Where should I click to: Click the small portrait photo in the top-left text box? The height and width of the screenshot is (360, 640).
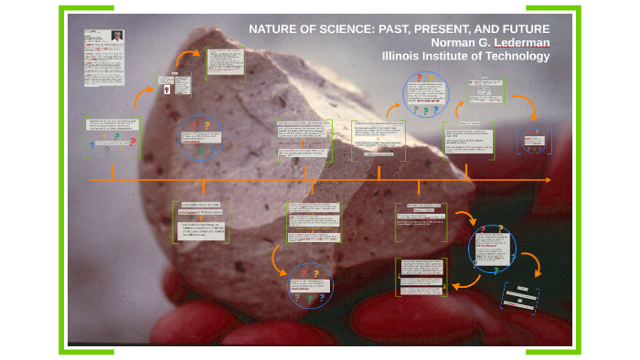[117, 37]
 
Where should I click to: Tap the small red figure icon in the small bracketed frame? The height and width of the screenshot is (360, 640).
[166, 90]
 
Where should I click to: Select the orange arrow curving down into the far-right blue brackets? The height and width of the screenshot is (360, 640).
[524, 108]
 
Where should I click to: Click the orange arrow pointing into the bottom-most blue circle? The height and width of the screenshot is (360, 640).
[278, 260]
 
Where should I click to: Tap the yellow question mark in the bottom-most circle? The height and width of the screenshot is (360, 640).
[315, 272]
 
